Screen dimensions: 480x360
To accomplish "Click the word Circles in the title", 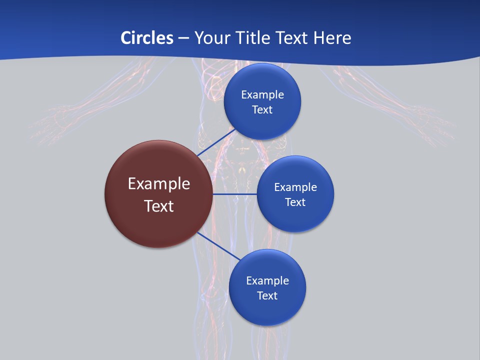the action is click(x=147, y=38).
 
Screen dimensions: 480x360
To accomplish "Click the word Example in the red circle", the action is click(x=159, y=184).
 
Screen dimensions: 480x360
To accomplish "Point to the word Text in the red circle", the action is click(x=159, y=206).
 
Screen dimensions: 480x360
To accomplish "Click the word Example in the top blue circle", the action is click(x=262, y=95).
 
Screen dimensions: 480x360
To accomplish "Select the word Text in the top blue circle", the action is click(x=262, y=110).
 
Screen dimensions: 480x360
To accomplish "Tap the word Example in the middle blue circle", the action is click(x=295, y=187).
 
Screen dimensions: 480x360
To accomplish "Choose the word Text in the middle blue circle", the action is click(x=295, y=202).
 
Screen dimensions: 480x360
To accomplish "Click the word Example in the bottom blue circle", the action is click(x=267, y=281).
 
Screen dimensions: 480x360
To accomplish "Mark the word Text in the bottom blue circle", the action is click(x=267, y=296).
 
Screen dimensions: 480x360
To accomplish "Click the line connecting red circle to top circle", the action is click(x=216, y=142).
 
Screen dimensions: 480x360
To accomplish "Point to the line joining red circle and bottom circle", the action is click(x=218, y=246).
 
